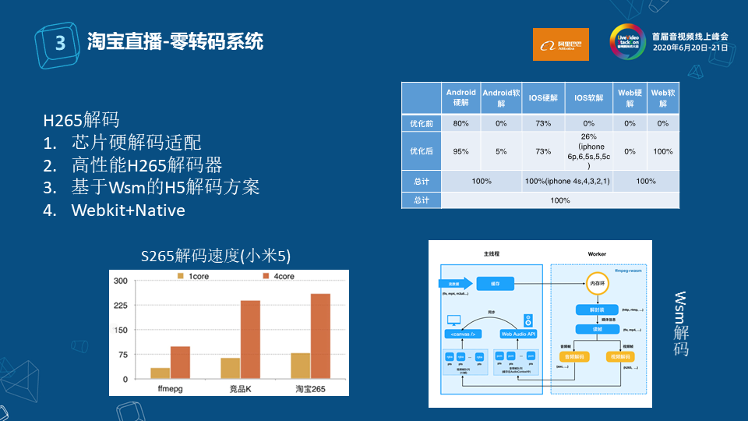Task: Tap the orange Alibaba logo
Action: pyautogui.click(x=560, y=44)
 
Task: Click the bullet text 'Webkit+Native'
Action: pyautogui.click(x=128, y=210)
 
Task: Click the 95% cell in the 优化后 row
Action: pyautogui.click(x=460, y=151)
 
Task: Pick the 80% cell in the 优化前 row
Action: pyautogui.click(x=460, y=123)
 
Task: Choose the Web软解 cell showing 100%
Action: pyautogui.click(x=662, y=151)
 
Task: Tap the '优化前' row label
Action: pyautogui.click(x=421, y=123)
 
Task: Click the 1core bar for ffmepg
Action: pyautogui.click(x=161, y=373)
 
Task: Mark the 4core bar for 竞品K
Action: pyautogui.click(x=250, y=339)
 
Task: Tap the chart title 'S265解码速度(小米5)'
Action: pyautogui.click(x=217, y=256)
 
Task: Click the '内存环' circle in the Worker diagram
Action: pyautogui.click(x=596, y=282)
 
